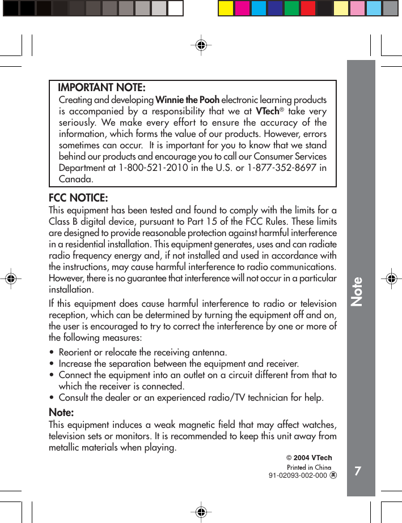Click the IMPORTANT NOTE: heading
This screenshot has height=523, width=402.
click(101, 88)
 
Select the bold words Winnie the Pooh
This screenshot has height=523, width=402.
click(187, 100)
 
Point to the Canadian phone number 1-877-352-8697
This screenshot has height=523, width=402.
click(282, 168)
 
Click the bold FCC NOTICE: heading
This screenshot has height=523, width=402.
click(78, 198)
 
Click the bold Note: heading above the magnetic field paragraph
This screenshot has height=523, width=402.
click(61, 412)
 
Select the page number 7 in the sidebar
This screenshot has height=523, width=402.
click(357, 471)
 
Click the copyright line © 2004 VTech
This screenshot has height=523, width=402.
click(309, 458)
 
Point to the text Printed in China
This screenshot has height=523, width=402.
click(309, 468)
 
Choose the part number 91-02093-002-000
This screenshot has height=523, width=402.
click(298, 476)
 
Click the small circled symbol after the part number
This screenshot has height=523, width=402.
click(333, 476)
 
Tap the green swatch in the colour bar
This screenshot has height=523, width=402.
click(291, 8)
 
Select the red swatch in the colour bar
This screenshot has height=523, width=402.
click(308, 8)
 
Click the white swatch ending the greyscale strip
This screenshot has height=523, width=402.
click(176, 8)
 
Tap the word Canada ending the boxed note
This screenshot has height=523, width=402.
click(76, 179)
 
